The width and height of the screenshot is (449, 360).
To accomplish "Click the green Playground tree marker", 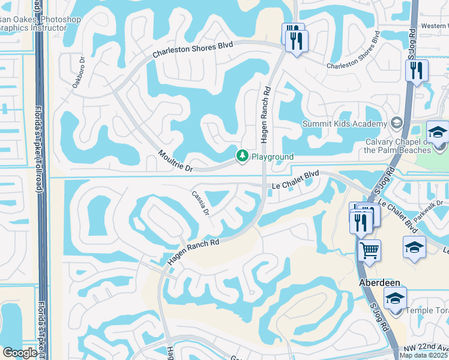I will pos(242,157).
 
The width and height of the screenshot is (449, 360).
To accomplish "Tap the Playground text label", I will pos(272,157).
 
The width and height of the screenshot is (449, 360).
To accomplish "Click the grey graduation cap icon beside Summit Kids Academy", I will pos(396,123).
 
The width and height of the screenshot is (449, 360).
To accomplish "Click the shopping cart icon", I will pos(369,250).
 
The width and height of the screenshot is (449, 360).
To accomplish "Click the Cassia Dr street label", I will pos(200,203).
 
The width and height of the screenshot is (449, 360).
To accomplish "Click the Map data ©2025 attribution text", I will pos(424,355).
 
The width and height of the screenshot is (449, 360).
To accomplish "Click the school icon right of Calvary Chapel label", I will pos(438,131).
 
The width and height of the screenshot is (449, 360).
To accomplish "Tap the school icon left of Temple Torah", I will pos(395,298).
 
